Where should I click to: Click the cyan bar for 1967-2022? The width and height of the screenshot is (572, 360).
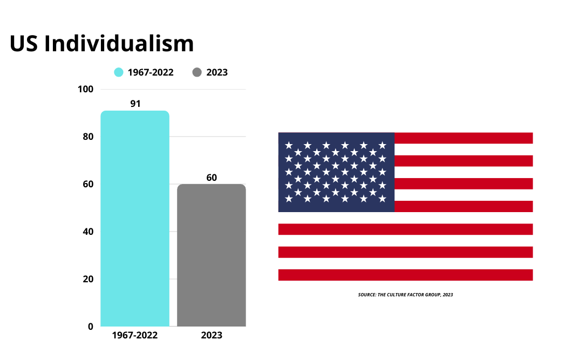135,219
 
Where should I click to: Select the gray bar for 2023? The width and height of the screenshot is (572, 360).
212,255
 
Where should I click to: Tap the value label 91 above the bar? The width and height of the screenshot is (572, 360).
135,104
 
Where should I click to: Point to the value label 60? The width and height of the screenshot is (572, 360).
212,178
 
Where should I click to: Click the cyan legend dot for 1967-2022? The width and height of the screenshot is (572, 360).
119,72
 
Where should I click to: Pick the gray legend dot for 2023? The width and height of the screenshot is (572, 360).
196,72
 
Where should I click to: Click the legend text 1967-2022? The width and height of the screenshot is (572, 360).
151,72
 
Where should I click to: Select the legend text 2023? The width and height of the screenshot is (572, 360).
217,72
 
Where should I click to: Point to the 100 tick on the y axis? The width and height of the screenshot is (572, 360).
86,90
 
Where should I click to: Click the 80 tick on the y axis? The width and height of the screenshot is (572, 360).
88,137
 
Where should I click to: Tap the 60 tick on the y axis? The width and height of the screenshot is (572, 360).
88,185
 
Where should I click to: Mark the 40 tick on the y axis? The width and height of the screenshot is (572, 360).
88,232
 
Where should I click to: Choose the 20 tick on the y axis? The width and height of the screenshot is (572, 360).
88,280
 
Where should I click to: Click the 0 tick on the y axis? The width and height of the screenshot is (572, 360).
90,327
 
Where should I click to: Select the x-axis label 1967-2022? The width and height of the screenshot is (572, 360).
135,335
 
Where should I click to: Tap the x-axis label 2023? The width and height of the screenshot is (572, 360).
212,335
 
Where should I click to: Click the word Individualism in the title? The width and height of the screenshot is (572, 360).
119,44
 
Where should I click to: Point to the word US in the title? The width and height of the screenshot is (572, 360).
24,44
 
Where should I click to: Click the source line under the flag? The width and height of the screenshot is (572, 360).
405,295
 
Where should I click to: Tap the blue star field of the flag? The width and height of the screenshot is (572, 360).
336,172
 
